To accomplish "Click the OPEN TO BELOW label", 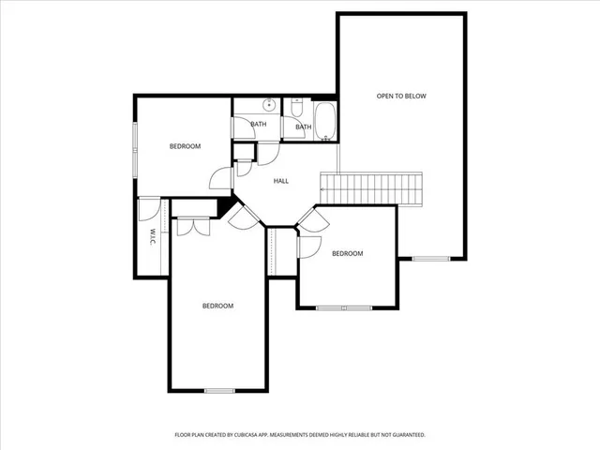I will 400,96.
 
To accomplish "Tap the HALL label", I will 280,181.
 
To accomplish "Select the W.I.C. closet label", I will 152,237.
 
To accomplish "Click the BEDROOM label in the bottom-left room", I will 217,306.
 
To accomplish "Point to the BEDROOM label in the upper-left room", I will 185,146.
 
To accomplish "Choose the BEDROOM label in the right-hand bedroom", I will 347,253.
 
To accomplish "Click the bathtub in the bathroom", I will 326,121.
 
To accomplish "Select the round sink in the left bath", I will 268,104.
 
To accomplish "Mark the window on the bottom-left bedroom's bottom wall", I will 219,390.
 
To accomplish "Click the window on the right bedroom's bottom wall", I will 344,307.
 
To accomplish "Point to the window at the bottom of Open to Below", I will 431,258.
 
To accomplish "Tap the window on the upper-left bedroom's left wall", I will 134,141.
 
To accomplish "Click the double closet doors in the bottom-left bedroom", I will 192,225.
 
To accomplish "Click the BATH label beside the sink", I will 258,124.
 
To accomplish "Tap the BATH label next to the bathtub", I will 303,127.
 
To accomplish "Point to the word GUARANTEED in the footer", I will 406,435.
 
